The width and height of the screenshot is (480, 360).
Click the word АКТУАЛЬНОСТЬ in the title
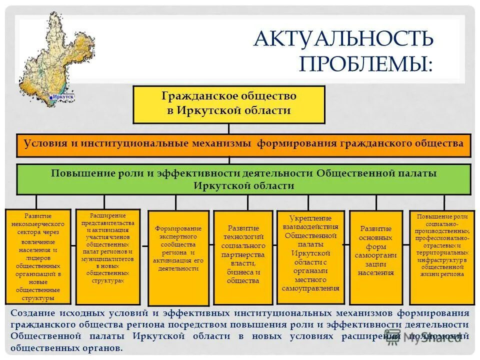[x=343, y=39]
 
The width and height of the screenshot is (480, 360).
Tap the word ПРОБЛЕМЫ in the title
[x=365, y=64]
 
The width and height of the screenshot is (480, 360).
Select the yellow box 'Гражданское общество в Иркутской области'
[x=228, y=104]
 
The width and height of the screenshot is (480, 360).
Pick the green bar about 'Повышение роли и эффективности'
[x=243, y=179]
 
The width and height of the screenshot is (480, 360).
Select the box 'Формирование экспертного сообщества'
[x=177, y=257]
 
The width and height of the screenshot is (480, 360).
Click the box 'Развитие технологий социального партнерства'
[x=243, y=257]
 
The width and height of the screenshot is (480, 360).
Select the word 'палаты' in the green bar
[x=418, y=173]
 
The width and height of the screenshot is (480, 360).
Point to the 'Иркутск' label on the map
[x=63, y=95]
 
